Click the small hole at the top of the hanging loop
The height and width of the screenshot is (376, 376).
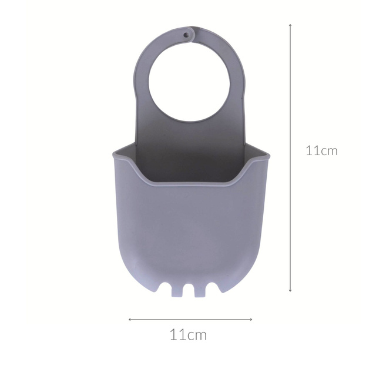click(187, 35)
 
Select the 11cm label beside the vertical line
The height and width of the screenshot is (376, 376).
click(321, 150)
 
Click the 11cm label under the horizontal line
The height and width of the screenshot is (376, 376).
click(188, 335)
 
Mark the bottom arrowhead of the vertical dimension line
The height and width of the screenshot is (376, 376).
click(290, 290)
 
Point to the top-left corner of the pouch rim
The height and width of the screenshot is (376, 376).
click(114, 154)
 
